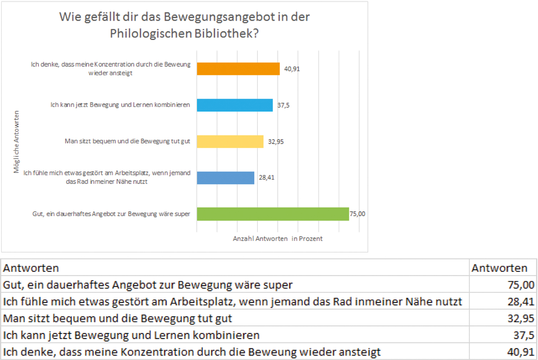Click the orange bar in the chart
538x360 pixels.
point(238,69)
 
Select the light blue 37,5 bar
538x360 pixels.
point(235,105)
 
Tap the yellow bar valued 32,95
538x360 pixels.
point(230,141)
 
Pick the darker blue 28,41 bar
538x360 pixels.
point(225,177)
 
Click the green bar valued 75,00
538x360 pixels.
point(273,214)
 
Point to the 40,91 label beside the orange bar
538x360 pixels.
point(292,69)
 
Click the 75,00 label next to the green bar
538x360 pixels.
point(357,214)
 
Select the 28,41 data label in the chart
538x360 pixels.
point(266,177)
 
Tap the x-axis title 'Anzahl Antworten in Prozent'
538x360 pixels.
point(278,239)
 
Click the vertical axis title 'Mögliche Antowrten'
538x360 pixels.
point(16,142)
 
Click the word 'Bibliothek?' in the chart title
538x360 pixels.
point(226,33)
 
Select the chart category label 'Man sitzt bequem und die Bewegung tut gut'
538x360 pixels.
point(127,141)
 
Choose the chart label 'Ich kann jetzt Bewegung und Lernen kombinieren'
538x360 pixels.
point(120,105)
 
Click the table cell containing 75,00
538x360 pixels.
point(520,285)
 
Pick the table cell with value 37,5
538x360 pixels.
point(523,335)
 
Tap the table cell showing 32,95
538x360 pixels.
point(520,319)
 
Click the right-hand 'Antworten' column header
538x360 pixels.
point(499,268)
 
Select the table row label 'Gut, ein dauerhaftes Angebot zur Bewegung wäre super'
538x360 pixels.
point(148,285)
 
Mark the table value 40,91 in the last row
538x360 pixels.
point(520,352)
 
